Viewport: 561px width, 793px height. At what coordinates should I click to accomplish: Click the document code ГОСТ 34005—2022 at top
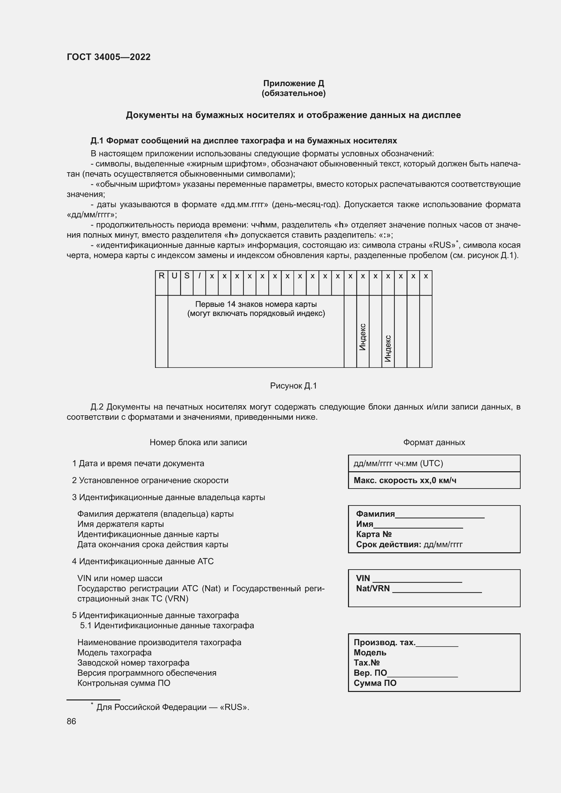pyautogui.click(x=109, y=57)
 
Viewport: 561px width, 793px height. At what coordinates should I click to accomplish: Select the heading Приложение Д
pyautogui.click(x=293, y=83)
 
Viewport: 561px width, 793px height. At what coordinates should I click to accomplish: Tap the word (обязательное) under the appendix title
pyautogui.click(x=293, y=93)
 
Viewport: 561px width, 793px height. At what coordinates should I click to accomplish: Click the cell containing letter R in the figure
pyautogui.click(x=161, y=276)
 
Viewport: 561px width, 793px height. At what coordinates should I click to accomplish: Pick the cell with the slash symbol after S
pyautogui.click(x=199, y=276)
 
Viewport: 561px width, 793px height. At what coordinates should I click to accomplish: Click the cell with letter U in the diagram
pyautogui.click(x=174, y=276)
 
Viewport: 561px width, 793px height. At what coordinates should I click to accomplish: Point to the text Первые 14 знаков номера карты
pyautogui.click(x=256, y=304)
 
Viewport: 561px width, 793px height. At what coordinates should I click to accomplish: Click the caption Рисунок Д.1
pyautogui.click(x=293, y=386)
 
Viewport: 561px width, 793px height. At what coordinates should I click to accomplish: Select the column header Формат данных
pyautogui.click(x=434, y=442)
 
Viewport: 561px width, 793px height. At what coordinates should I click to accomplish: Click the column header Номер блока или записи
pyautogui.click(x=198, y=442)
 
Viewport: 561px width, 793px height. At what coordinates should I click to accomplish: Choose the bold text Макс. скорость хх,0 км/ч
pyautogui.click(x=405, y=480)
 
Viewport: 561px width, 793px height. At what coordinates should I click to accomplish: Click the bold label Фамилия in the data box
pyautogui.click(x=375, y=514)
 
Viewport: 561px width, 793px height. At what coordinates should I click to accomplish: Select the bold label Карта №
pyautogui.click(x=373, y=534)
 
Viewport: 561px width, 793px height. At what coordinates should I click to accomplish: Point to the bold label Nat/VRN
pyautogui.click(x=372, y=589)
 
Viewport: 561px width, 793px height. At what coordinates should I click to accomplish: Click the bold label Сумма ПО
pyautogui.click(x=375, y=683)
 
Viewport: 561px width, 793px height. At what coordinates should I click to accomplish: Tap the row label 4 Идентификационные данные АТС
pyautogui.click(x=143, y=561)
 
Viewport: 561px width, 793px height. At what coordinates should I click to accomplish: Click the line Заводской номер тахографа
pyautogui.click(x=133, y=663)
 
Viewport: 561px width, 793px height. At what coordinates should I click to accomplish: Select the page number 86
pyautogui.click(x=71, y=721)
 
